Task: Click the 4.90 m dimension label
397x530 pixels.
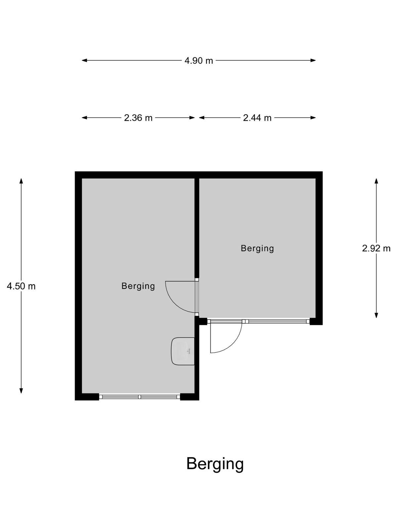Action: coord(198,61)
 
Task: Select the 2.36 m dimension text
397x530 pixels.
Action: coord(138,118)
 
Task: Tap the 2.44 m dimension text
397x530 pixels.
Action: coord(257,118)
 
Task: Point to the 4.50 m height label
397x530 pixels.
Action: coord(21,287)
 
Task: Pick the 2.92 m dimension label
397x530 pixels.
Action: coord(376,248)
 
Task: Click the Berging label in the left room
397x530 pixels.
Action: coord(138,287)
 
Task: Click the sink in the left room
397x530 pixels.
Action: coord(183,351)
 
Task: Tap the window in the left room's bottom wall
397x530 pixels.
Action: coord(140,397)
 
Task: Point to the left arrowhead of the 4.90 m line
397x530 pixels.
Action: coord(84,60)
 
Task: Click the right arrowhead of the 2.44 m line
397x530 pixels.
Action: coord(313,118)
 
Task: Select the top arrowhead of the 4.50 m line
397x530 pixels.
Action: coord(21,181)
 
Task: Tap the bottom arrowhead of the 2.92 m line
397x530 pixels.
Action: coord(376,315)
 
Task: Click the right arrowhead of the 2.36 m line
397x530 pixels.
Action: coord(192,118)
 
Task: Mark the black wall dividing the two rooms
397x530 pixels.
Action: coord(197,228)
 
